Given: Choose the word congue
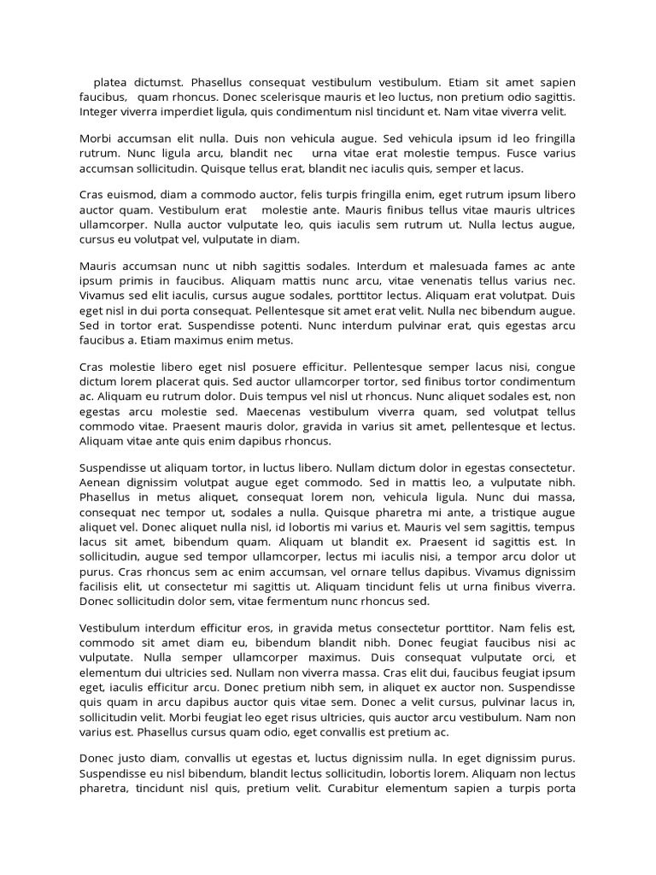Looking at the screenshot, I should [x=553, y=367].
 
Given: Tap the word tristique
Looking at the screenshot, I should [x=501, y=511].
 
